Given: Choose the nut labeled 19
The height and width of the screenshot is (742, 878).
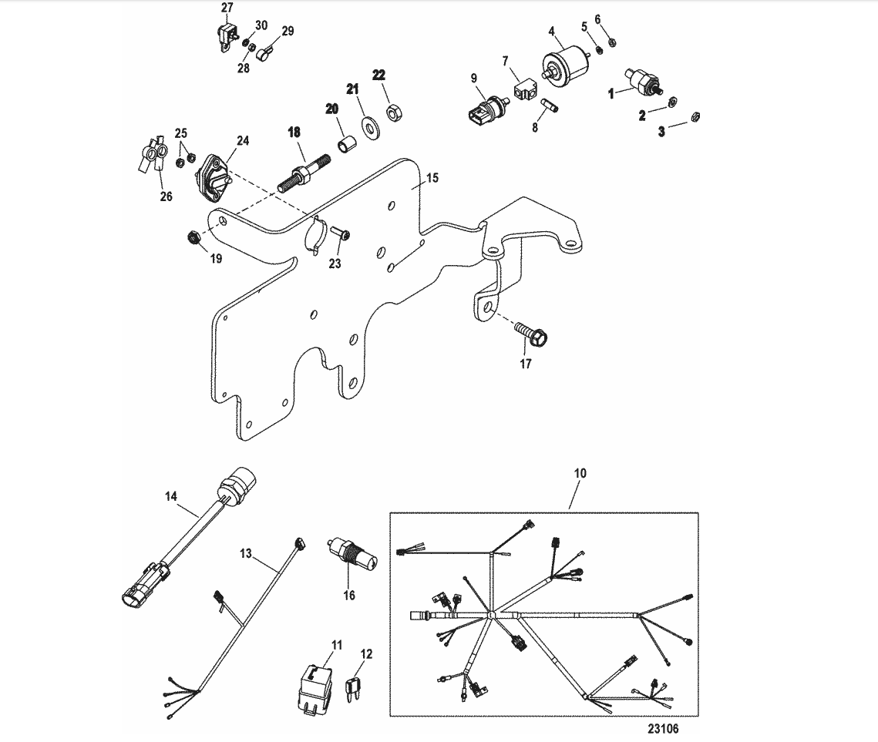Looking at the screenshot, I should (194, 238).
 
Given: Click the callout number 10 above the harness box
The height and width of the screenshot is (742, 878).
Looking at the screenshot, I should (580, 473).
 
